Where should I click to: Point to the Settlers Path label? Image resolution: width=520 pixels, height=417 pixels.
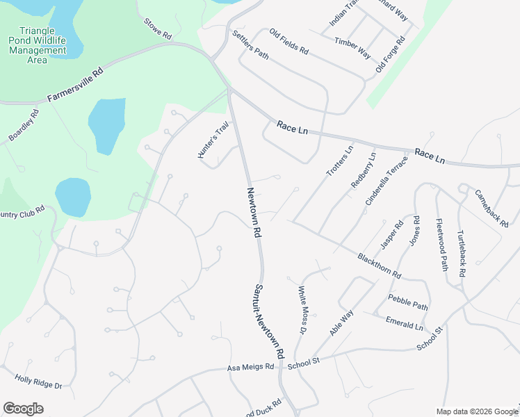coord(250,44)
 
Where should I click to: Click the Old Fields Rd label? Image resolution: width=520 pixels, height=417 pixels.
coord(289,41)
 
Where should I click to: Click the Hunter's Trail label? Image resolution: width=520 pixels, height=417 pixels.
coord(213,140)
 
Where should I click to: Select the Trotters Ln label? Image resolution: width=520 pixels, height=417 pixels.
coord(340,160)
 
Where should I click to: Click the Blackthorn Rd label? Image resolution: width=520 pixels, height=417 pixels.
coord(380,265)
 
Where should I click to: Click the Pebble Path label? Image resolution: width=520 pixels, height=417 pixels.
coord(408,305)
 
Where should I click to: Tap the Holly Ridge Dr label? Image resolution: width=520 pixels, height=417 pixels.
coord(38,382)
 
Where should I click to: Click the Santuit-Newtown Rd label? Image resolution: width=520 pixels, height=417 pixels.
coord(269,320)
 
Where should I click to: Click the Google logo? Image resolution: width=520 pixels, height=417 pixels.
coord(23,409)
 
